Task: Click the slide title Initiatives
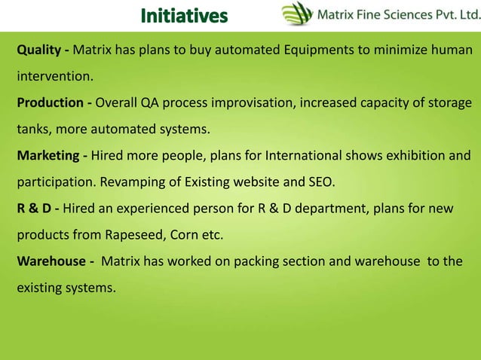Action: [183, 15]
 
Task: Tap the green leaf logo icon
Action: [296, 14]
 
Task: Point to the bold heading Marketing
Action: [48, 156]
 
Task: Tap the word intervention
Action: [54, 77]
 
